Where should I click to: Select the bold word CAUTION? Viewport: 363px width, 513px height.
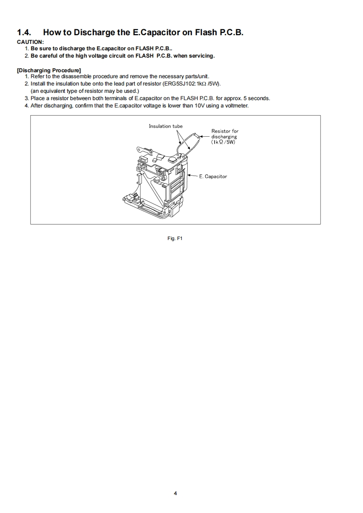click(30, 42)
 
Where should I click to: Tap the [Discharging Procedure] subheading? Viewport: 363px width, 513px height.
click(49, 70)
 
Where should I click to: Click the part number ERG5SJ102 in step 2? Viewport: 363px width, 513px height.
click(176, 84)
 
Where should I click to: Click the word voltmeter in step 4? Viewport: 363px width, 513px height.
click(236, 106)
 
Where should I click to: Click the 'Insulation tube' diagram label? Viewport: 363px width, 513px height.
click(165, 126)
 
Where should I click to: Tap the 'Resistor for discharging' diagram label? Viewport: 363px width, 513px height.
click(225, 134)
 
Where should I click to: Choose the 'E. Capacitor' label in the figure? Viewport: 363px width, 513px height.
click(213, 176)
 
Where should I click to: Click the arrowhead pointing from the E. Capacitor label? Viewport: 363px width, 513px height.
click(189, 176)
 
